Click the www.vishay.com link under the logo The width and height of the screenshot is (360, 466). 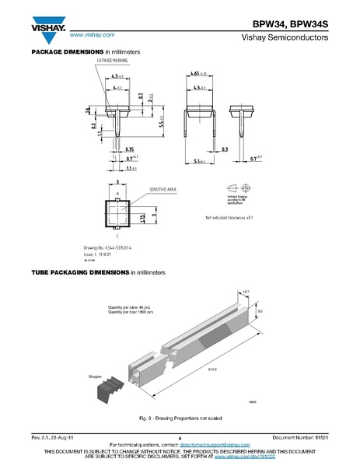click(92, 36)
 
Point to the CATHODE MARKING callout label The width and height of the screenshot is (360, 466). click(113, 60)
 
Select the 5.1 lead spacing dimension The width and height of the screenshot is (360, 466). click(198, 162)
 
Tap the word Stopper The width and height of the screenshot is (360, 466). click(98, 375)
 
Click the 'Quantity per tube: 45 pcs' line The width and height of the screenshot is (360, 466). click(130, 307)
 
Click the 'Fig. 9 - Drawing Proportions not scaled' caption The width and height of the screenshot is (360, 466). click(179, 416)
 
